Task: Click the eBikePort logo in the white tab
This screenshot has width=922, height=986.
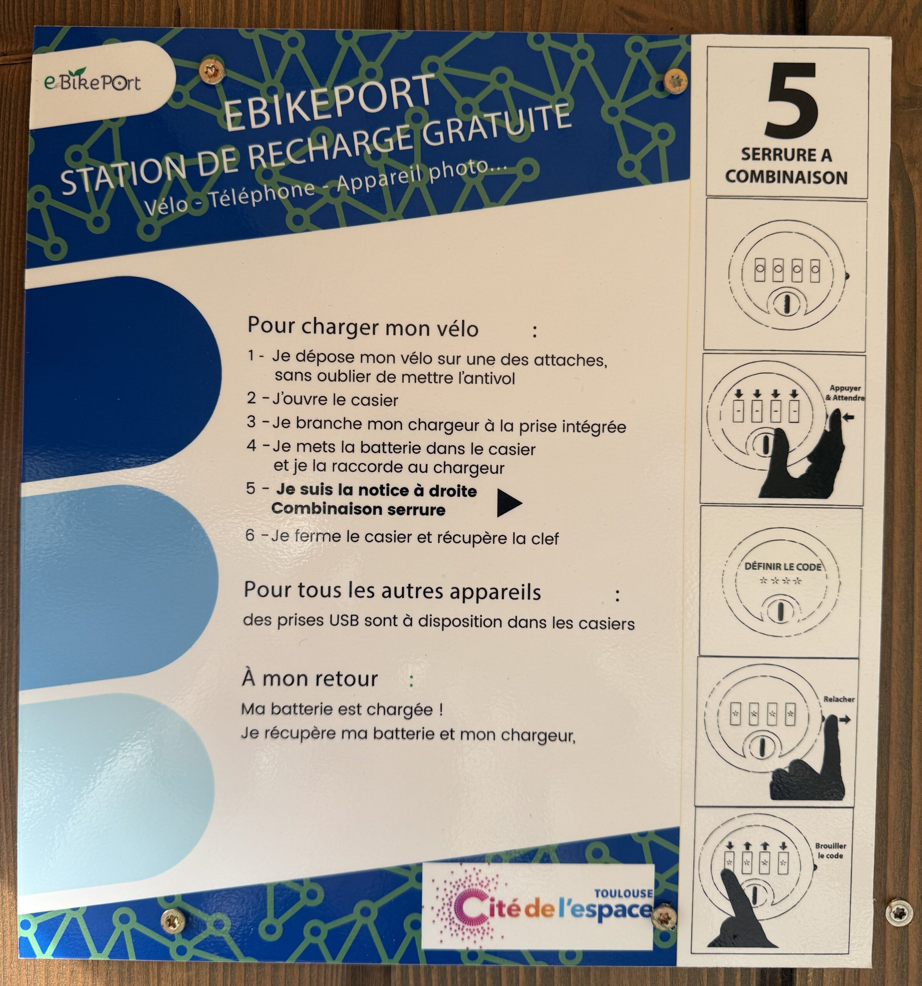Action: (93, 81)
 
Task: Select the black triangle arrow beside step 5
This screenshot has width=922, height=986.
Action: (510, 503)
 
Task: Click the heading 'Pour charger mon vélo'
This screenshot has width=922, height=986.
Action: (363, 327)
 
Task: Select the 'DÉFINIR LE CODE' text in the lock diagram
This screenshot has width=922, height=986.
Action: (783, 567)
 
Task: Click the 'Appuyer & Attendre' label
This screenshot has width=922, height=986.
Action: (845, 393)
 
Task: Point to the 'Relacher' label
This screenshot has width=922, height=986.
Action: (839, 699)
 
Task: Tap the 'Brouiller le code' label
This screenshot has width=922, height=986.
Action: (830, 851)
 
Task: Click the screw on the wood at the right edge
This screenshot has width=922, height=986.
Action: (898, 912)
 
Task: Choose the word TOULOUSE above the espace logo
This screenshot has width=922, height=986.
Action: (624, 893)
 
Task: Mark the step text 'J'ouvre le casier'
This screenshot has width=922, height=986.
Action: (335, 399)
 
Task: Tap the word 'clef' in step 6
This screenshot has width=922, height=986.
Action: (545, 538)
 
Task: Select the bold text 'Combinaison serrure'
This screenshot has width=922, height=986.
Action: (358, 509)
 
